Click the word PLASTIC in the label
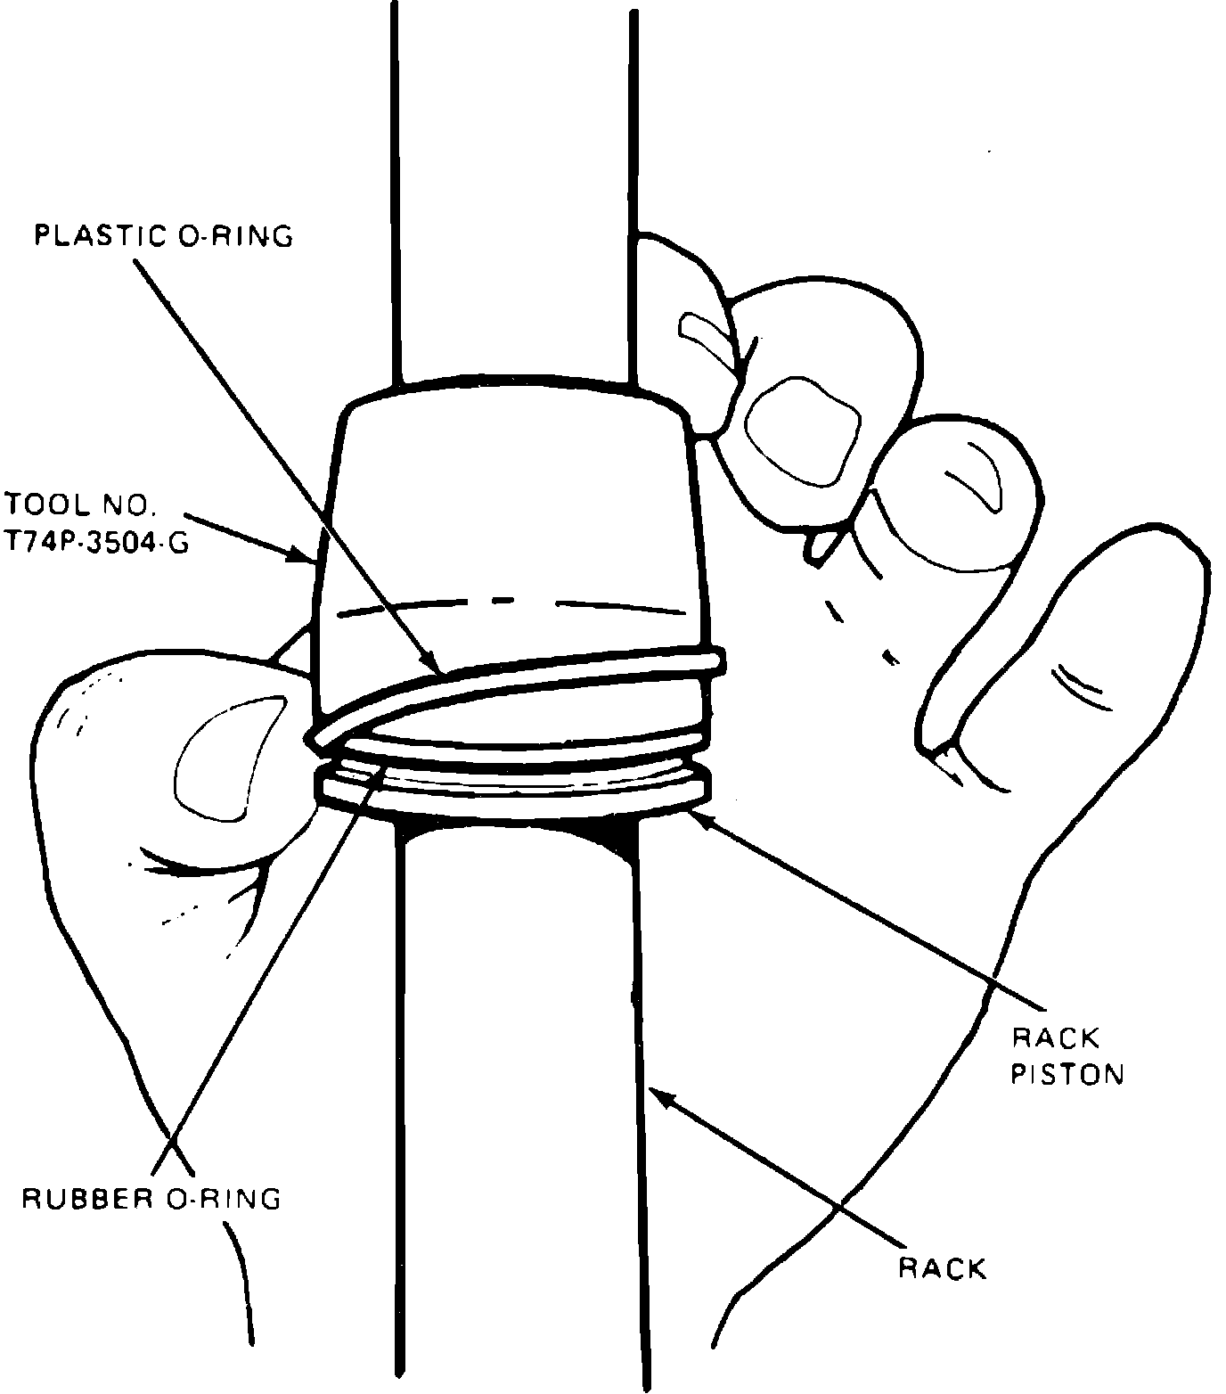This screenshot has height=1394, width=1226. point(96,236)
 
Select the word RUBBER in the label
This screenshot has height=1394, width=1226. point(81,1198)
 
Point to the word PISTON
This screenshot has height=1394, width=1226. point(1067,1073)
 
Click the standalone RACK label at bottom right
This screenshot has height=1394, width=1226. point(943,1267)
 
